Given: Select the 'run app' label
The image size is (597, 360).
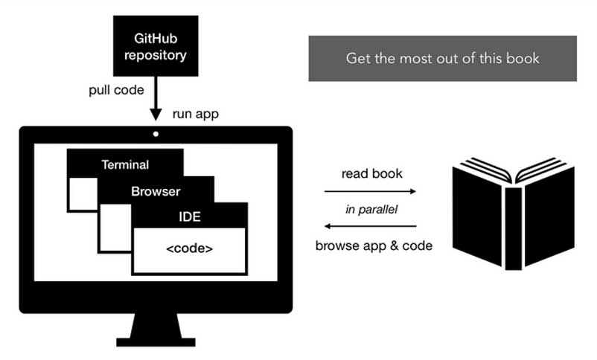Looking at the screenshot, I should point(196,115).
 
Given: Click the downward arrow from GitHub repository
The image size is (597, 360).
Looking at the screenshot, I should point(156,101).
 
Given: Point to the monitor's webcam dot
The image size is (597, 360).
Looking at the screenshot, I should point(156,135).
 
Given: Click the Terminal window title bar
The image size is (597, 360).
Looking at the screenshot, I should point(125,165).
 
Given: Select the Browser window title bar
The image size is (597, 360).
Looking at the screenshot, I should point(156,191).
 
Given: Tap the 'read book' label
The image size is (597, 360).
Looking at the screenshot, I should point(371,174).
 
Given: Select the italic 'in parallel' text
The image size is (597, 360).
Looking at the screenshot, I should point(371,209).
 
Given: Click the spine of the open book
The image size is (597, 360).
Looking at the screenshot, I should point(513,227).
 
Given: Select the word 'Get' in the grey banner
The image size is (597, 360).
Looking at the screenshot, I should point(357,58).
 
